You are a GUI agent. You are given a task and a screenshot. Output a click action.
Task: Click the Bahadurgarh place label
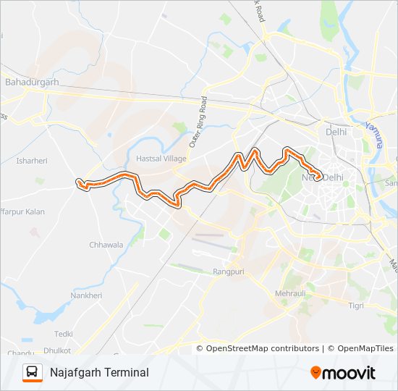point(32,83)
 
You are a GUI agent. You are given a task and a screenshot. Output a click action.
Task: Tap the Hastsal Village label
point(161,158)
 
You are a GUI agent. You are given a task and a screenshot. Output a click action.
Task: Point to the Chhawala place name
point(106,245)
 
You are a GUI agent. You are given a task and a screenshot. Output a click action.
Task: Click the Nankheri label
point(86,295)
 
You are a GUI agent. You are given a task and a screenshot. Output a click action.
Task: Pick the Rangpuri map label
point(229,272)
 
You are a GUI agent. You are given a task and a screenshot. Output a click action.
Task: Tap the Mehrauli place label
point(292,294)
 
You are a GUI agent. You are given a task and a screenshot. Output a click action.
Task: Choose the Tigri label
point(356,306)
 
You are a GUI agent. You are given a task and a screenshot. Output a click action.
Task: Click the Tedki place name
point(64,334)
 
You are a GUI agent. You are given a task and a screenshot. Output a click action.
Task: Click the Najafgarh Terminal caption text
point(99,372)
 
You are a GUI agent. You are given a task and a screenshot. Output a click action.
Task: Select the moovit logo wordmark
point(350,373)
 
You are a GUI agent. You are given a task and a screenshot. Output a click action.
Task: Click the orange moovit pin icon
point(316,372)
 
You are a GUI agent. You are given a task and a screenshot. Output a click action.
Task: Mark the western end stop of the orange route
point(79,182)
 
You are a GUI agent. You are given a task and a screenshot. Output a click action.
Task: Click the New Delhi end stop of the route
point(319,176)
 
